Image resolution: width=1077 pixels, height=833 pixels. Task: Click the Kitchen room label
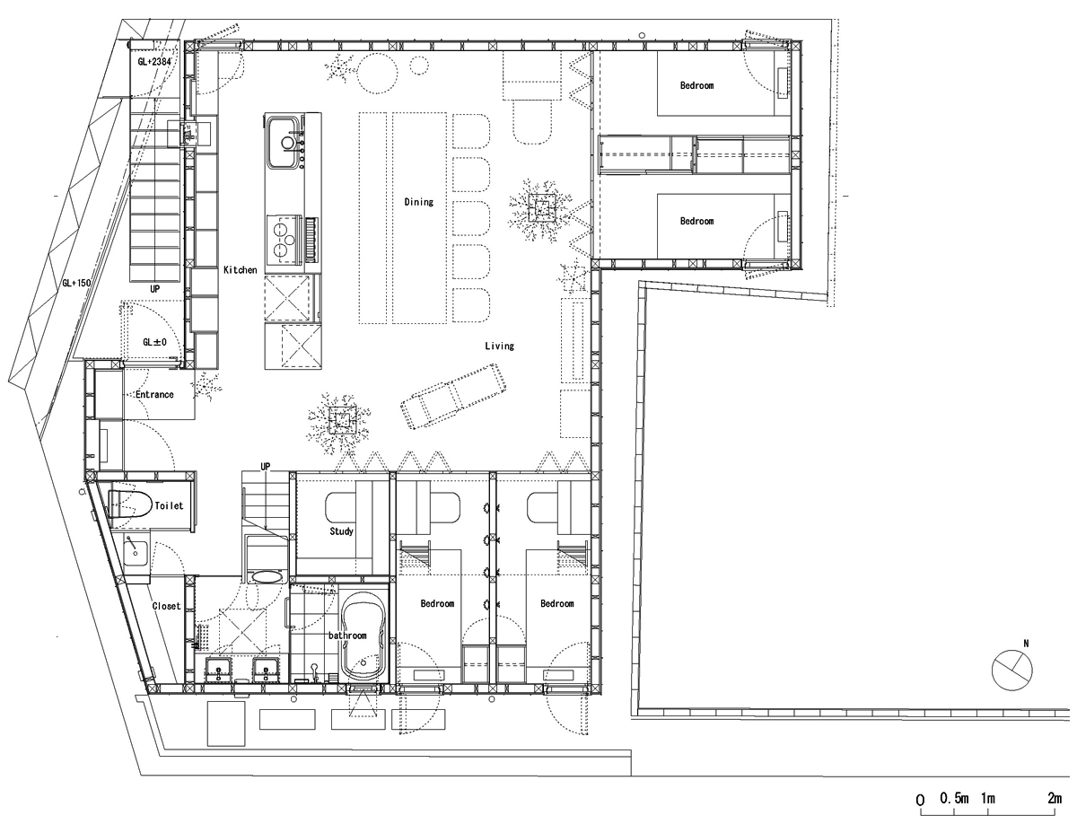[241, 270]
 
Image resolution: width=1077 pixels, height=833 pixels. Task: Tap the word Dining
[419, 202]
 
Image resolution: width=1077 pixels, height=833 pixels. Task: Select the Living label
[499, 346]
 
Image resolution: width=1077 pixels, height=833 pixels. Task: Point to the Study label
[341, 531]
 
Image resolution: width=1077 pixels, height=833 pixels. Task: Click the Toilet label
[169, 505]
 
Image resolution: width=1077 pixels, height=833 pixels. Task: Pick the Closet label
[167, 606]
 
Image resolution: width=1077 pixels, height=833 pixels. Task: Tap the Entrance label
[154, 394]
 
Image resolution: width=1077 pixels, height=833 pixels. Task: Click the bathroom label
[347, 636]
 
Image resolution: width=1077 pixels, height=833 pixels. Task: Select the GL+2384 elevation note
[154, 61]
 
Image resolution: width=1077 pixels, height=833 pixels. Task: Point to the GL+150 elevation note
[76, 283]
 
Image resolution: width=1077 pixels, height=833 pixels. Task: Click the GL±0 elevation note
[154, 342]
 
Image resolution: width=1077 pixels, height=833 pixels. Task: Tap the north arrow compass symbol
[1012, 670]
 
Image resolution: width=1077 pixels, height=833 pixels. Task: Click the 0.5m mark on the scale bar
[954, 812]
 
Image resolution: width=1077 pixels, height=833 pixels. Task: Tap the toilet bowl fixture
[129, 504]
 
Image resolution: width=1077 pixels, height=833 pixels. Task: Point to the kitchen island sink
[284, 141]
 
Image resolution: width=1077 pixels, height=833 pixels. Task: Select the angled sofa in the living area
[453, 397]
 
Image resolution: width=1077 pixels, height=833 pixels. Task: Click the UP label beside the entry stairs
[155, 289]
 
